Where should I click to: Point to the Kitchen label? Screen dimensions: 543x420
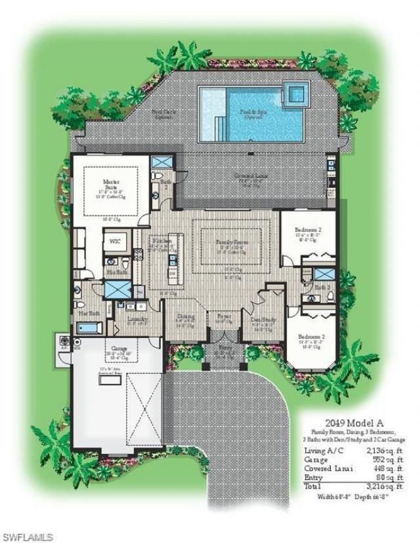pos(161,241)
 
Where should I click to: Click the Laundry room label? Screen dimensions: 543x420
pos(136,318)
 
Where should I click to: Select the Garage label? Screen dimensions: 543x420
pos(119,349)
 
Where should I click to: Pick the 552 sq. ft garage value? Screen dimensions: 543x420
pos(382,460)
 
